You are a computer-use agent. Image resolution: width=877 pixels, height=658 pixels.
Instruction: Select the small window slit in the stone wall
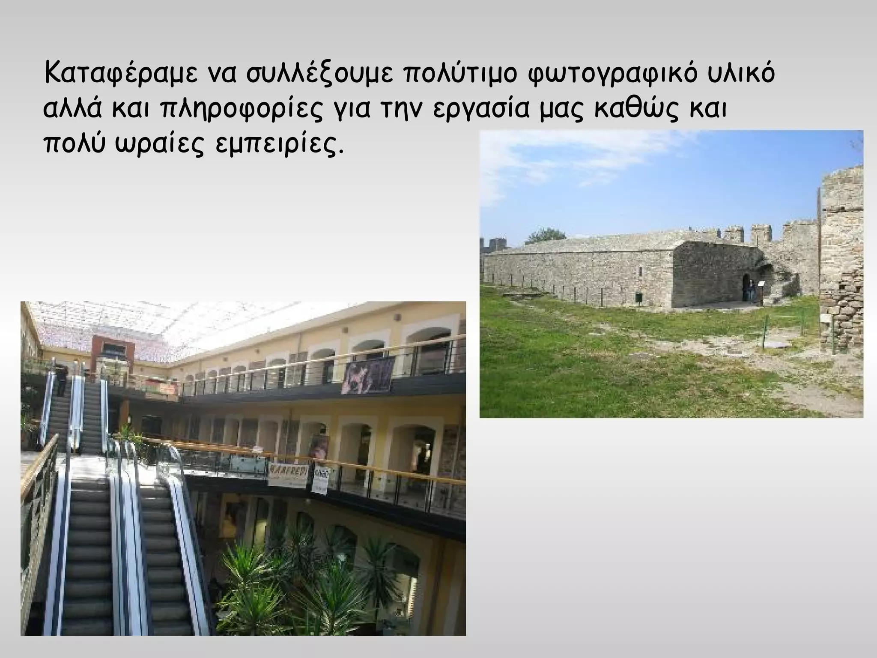coord(641,272)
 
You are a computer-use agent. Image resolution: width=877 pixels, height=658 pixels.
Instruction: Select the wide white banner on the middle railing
coord(288,474)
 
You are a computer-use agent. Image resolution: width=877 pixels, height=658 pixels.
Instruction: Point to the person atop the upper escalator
coord(62,381)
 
